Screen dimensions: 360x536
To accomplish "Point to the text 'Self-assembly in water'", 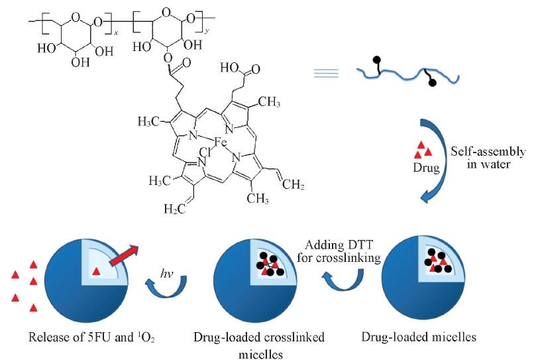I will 496,158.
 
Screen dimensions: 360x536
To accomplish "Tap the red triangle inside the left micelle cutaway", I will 97,270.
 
